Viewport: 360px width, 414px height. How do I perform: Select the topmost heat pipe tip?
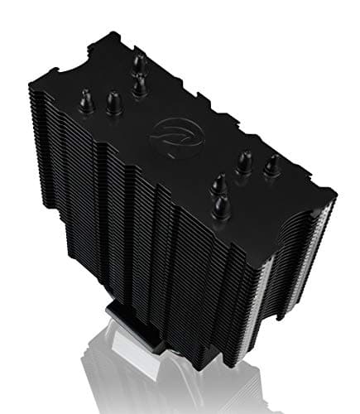point(138,60)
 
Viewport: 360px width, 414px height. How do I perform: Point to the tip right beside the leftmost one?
point(113,103)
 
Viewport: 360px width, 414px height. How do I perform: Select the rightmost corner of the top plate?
point(335,192)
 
